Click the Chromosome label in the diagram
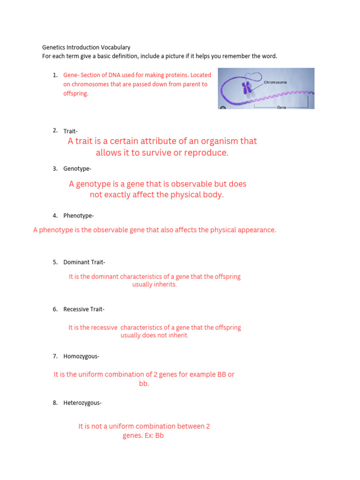point(276,82)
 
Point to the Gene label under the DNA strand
point(282,107)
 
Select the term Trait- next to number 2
point(71,131)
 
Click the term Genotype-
point(77,169)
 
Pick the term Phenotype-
point(79,216)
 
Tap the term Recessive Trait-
point(84,309)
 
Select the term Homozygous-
point(81,356)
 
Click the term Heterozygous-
point(82,403)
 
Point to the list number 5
point(55,262)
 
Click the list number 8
point(55,403)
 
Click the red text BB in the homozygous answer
point(222,375)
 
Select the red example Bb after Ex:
point(159,436)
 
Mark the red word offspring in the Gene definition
point(75,94)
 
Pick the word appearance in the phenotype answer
point(257,230)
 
